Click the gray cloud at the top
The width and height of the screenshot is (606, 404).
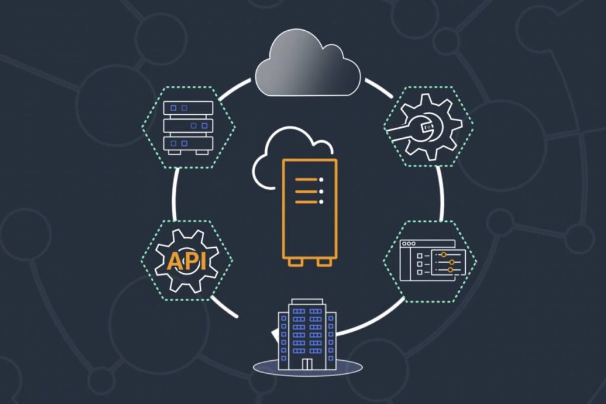308,64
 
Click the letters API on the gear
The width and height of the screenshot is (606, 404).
186,261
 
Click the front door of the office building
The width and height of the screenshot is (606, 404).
307,364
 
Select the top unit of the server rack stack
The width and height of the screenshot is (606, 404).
188,108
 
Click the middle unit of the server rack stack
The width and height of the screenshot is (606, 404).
188,125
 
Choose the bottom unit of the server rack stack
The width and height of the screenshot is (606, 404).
188,144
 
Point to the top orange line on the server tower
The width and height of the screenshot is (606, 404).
309,180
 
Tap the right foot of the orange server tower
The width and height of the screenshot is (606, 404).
324,263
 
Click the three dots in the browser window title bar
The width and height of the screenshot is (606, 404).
408,244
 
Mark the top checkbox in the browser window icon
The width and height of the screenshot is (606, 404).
420,256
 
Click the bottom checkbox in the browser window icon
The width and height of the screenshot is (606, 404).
420,272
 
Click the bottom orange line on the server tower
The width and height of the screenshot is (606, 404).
309,202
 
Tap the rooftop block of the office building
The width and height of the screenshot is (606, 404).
308,301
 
